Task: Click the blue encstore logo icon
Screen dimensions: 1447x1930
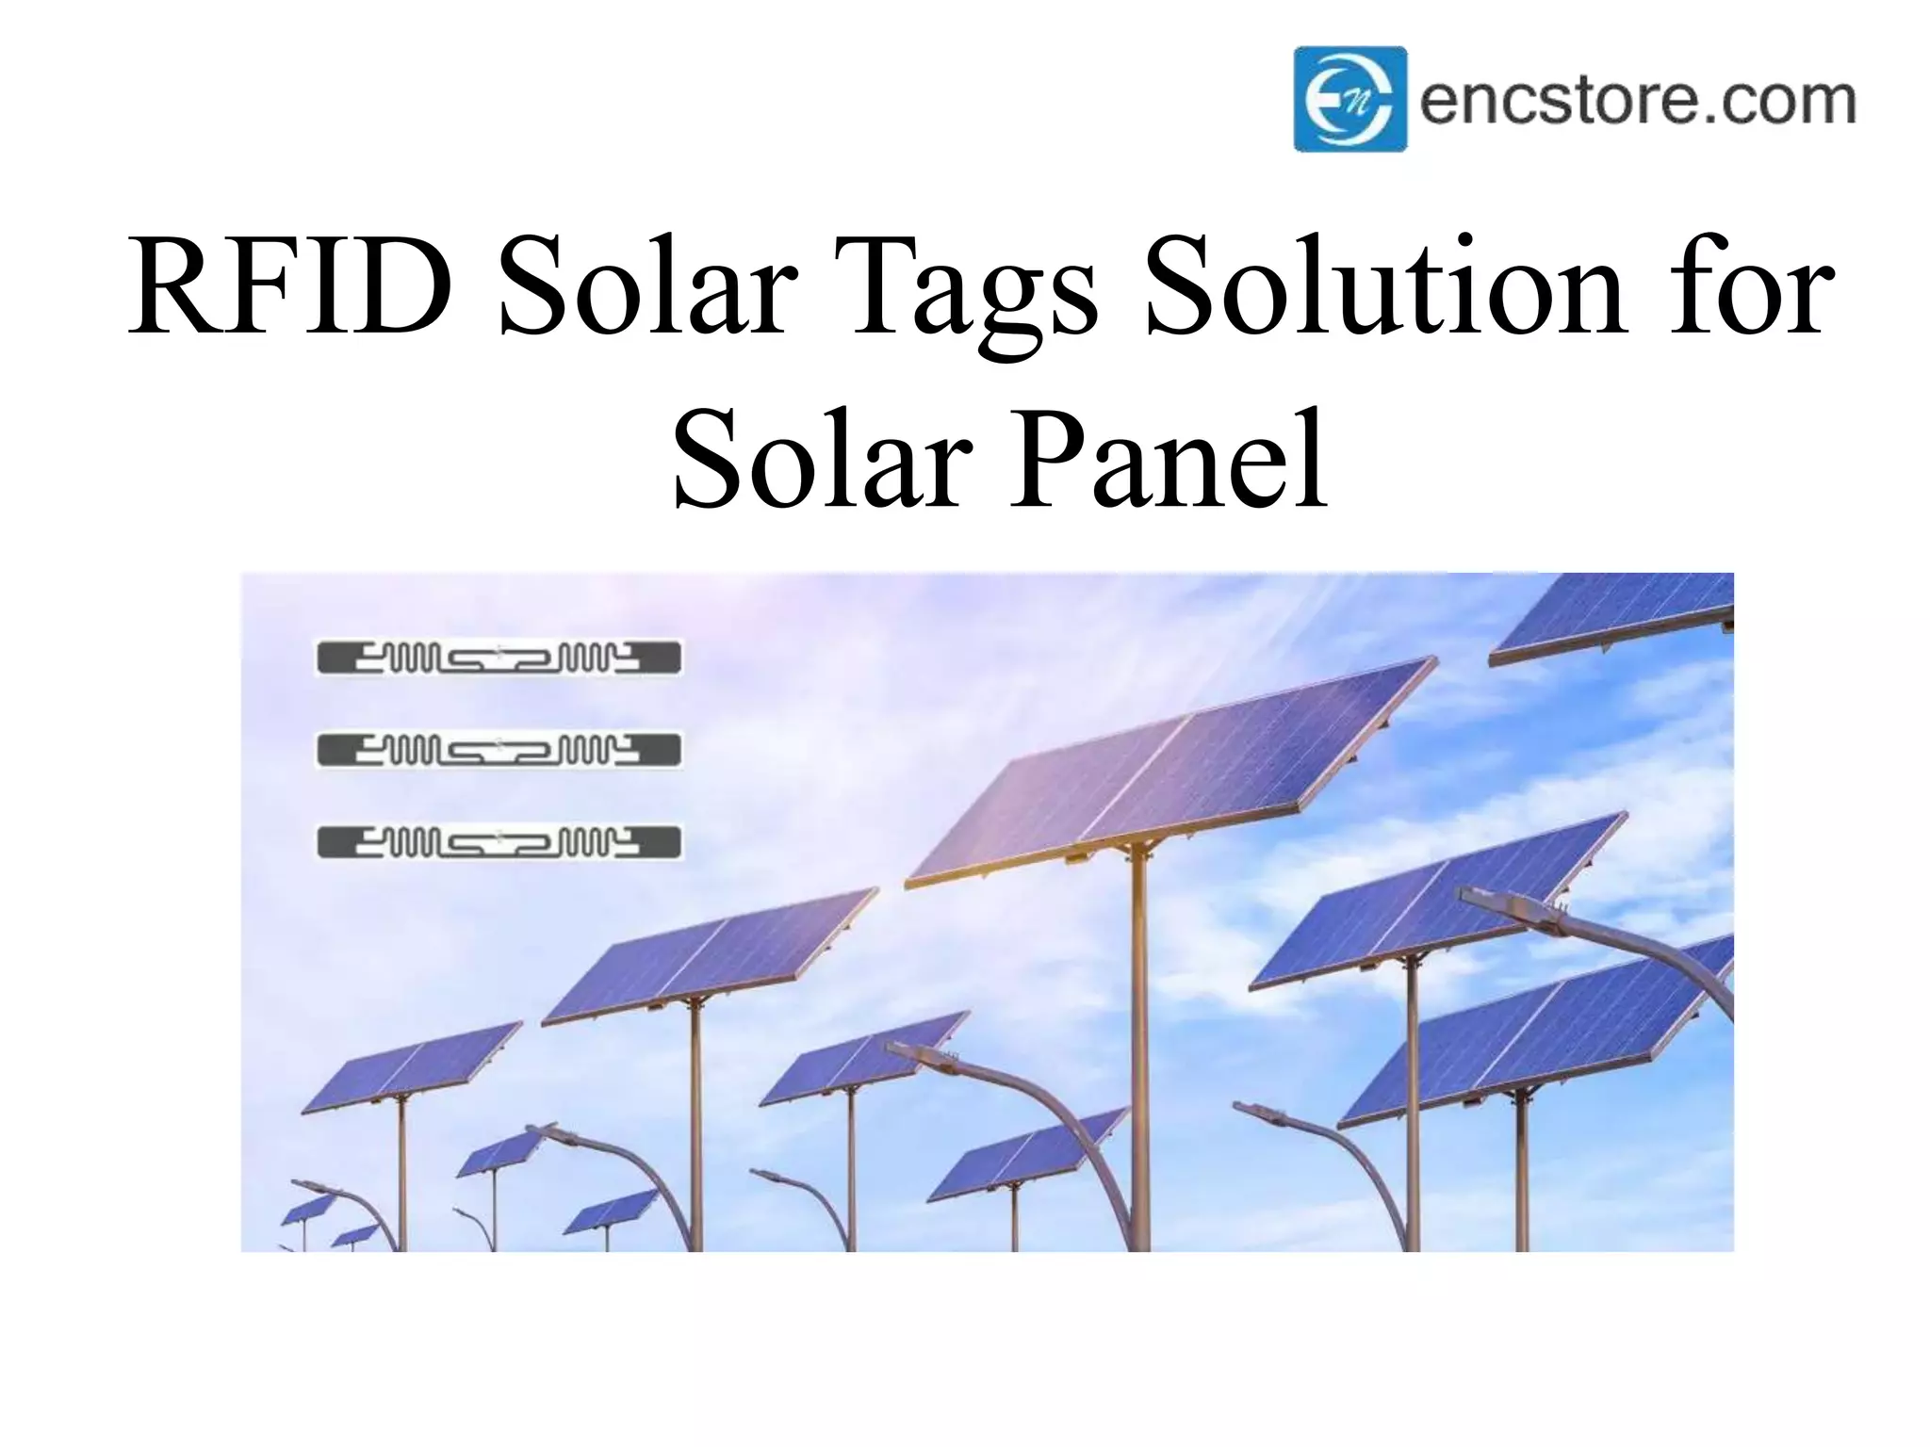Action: (x=1349, y=99)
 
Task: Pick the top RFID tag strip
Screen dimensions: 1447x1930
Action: (x=499, y=658)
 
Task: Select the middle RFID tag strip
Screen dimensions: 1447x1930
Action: (x=499, y=751)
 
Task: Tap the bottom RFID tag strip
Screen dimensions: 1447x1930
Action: (x=499, y=842)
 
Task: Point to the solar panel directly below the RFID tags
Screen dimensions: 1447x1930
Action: (x=707, y=956)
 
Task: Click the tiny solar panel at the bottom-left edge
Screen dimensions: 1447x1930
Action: (x=306, y=1210)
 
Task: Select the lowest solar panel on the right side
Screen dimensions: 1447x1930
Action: (x=1536, y=1041)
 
